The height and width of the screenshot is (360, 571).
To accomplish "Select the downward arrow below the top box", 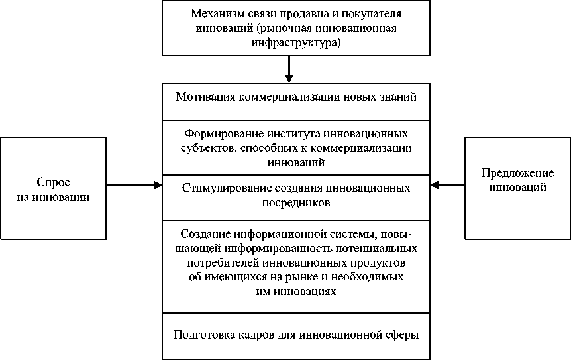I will (x=289, y=70).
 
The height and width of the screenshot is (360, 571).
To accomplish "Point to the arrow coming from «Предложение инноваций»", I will (x=447, y=185).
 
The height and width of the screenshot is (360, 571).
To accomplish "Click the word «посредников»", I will (x=295, y=202).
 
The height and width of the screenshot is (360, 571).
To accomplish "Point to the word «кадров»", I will (x=253, y=335).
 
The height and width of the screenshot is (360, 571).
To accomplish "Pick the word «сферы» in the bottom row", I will (x=403, y=335).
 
